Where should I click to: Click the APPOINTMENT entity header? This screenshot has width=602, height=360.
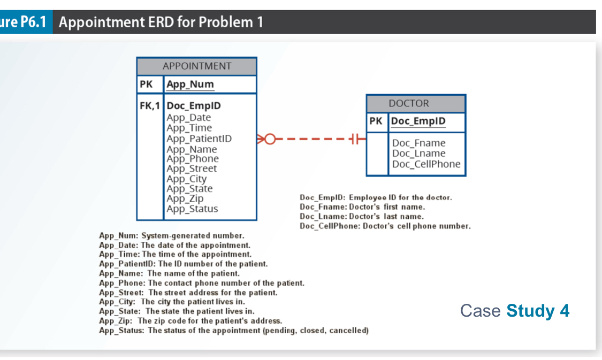(196, 66)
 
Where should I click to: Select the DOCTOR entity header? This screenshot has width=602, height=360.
(416, 104)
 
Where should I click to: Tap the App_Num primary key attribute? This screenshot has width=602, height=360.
(190, 85)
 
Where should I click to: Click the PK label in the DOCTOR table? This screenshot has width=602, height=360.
(376, 121)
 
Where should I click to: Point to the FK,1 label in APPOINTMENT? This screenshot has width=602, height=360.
(150, 106)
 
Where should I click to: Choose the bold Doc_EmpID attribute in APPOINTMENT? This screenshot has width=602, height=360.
(193, 106)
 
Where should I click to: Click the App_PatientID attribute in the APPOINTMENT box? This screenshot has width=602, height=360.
(199, 139)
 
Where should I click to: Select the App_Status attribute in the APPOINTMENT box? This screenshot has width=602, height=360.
(192, 209)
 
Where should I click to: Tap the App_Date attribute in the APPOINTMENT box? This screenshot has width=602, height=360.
(188, 118)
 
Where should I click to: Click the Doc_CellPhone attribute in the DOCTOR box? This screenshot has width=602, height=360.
(426, 164)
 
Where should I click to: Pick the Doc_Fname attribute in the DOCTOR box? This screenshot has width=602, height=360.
(418, 143)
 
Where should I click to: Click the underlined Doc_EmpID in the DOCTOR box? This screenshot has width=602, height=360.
(418, 121)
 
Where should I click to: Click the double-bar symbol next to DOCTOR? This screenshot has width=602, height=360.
(355, 140)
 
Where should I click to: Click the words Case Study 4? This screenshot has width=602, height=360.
(514, 310)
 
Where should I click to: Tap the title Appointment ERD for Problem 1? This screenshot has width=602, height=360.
(161, 22)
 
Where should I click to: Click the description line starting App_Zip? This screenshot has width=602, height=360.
(190, 321)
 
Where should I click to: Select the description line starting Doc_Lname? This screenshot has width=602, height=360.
(361, 217)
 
